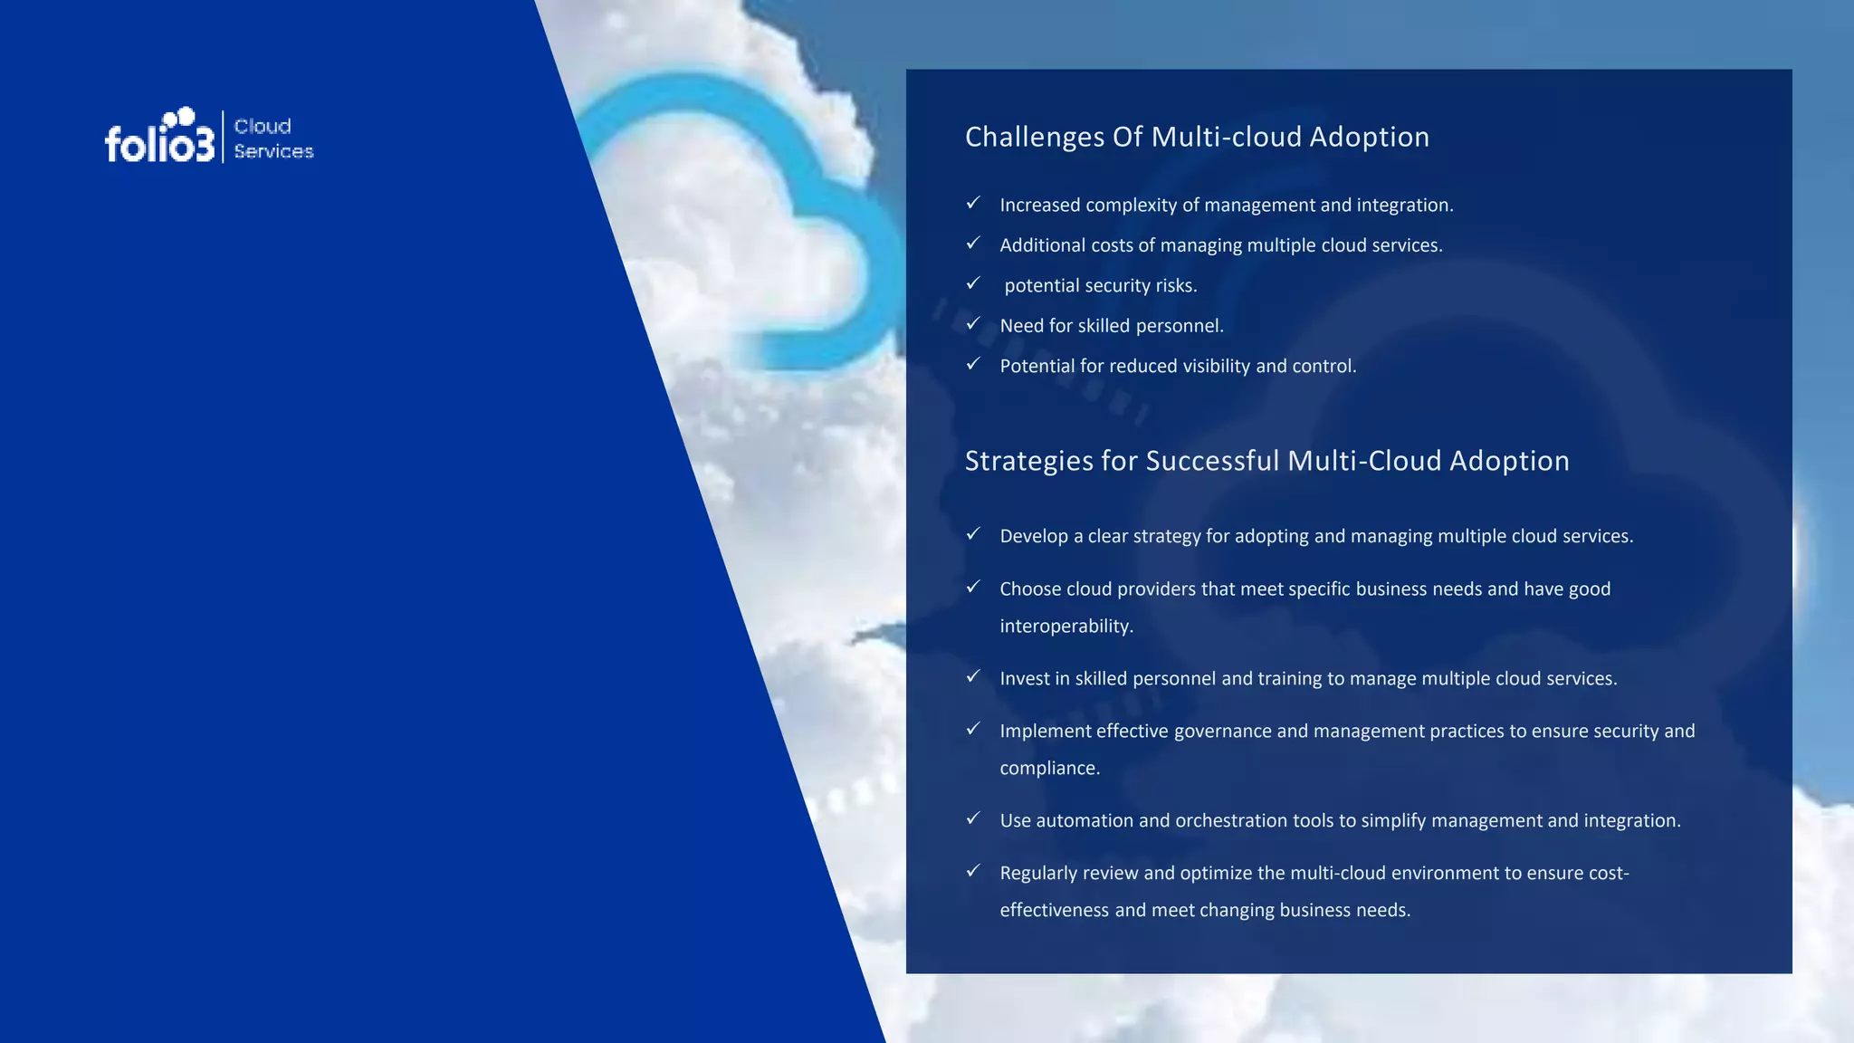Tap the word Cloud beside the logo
(x=263, y=126)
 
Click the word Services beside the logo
(x=273, y=151)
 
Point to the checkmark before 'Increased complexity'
(x=973, y=203)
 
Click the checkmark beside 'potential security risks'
(x=973, y=283)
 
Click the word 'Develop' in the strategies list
(x=1034, y=536)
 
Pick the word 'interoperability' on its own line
(x=1066, y=626)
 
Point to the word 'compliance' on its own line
(x=1049, y=768)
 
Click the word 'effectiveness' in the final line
(x=1054, y=910)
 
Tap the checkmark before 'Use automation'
(x=973, y=818)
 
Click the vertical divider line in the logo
(x=223, y=137)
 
